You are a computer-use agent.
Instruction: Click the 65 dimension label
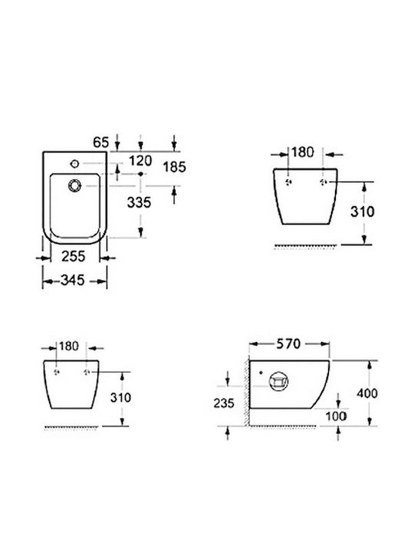(101, 143)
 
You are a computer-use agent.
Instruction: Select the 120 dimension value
(140, 161)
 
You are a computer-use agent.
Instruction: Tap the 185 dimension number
(174, 167)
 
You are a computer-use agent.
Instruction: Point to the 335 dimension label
(139, 202)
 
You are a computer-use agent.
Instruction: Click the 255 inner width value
(74, 256)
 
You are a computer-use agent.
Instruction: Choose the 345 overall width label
(73, 281)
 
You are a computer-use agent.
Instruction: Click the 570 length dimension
(288, 343)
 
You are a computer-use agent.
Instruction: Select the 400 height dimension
(366, 393)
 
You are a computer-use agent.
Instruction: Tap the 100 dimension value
(336, 416)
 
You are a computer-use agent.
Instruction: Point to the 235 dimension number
(224, 403)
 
